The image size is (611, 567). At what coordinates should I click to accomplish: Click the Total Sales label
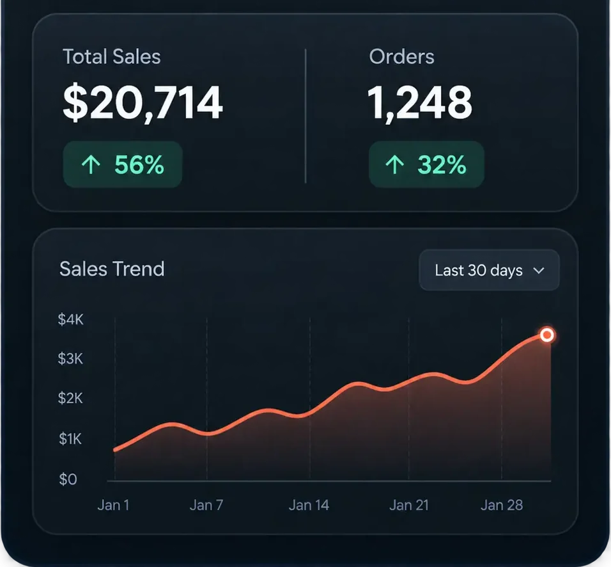coord(112,56)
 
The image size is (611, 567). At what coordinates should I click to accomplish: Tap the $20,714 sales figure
coord(143,103)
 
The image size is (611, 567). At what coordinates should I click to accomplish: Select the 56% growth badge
coord(123,164)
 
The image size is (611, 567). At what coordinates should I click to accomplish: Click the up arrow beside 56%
coord(91,164)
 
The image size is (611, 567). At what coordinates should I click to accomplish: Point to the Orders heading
coord(402,56)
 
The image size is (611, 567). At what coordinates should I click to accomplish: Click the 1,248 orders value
coord(420,103)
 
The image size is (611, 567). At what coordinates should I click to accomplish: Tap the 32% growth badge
coord(427,164)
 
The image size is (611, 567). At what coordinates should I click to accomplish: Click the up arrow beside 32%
coord(395,164)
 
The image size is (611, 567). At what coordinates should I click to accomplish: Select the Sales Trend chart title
coord(112,269)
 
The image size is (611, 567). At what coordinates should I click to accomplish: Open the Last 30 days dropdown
coord(489,270)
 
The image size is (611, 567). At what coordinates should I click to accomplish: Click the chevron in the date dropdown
coord(539,271)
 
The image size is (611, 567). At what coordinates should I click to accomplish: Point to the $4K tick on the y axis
coord(70,319)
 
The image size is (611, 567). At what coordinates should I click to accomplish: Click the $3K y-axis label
coord(70,358)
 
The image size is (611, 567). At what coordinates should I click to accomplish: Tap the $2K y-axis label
coord(70,398)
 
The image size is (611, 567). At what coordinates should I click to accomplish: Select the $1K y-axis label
coord(70,439)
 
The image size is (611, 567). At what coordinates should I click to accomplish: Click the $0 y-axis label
coord(68,479)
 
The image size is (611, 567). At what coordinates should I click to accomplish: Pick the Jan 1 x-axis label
coord(113,505)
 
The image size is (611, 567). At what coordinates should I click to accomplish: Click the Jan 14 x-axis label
coord(309,505)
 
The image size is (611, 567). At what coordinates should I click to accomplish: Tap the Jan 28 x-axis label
coord(502,505)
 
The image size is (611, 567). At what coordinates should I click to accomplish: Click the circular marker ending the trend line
coord(547,335)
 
